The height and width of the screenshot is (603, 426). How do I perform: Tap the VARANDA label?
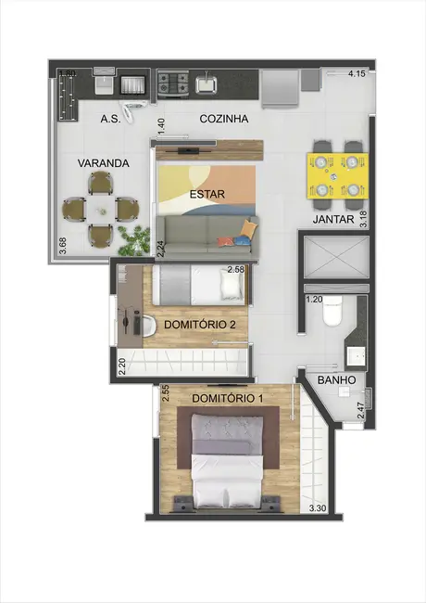point(103,163)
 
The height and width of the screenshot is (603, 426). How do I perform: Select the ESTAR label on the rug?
point(207,194)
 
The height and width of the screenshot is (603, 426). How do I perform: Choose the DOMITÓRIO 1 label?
point(228,398)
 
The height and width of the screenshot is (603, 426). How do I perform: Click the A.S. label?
point(112,119)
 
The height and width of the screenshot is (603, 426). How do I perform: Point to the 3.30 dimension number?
point(317,507)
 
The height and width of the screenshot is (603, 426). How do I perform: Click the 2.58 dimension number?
point(237,269)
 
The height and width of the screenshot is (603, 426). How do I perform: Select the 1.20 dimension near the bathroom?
point(314,300)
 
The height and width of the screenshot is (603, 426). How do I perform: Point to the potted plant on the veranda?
point(136,239)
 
